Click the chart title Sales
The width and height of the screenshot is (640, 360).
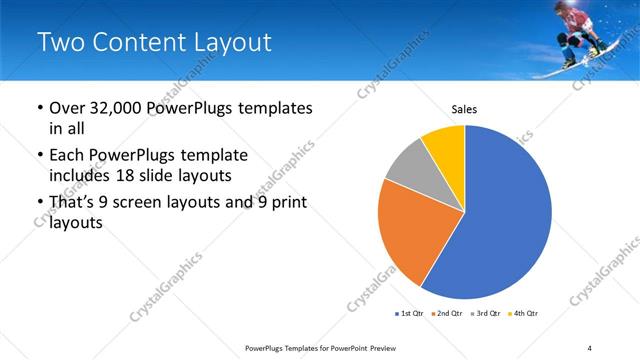(464, 108)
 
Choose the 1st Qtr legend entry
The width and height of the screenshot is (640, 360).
(410, 314)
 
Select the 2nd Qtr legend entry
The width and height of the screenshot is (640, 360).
(448, 314)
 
